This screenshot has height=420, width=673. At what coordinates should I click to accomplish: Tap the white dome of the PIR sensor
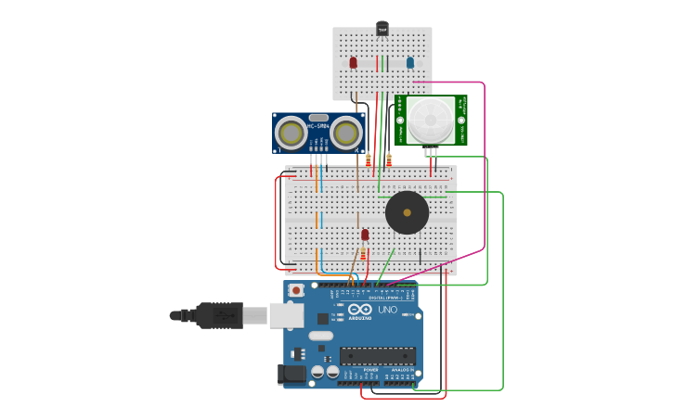[432, 120]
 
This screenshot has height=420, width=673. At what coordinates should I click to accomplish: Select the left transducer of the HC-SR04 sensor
[291, 134]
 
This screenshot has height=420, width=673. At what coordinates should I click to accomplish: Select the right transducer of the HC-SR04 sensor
[345, 134]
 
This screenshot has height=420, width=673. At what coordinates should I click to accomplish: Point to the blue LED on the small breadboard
[409, 62]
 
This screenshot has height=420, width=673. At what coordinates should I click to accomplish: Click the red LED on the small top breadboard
[353, 62]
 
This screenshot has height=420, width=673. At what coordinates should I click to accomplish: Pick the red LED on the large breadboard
[365, 235]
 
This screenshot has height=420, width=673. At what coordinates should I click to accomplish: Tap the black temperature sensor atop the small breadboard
[382, 29]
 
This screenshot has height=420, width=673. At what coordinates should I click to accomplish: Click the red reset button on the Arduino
[296, 290]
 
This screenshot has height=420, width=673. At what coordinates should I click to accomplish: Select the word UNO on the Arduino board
[387, 310]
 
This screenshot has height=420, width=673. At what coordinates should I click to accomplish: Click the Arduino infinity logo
[360, 309]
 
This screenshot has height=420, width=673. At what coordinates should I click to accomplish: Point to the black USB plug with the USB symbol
[220, 315]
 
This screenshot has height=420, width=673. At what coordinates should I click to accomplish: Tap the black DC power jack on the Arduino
[291, 375]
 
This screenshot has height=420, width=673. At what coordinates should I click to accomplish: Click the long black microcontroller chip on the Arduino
[377, 355]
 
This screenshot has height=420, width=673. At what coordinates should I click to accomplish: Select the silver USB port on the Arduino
[286, 315]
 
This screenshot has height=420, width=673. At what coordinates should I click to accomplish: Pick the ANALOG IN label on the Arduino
[401, 370]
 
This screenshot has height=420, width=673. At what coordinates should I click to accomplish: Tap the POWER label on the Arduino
[370, 370]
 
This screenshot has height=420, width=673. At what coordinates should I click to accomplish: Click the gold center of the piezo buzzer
[407, 212]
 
